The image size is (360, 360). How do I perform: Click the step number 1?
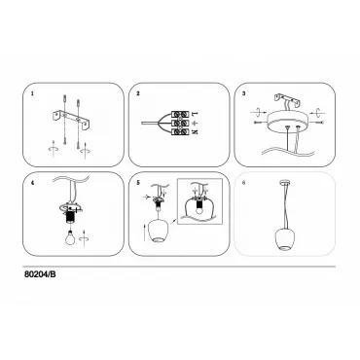tap(32, 93)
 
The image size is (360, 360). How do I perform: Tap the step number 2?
tap(138, 93)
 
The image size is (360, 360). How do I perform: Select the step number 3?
tap(244, 93)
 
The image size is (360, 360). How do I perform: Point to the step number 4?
tap(32, 183)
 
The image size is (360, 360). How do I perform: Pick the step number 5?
tap(138, 183)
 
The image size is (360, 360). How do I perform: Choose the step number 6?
tap(244, 183)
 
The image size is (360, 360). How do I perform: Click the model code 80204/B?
tap(40, 274)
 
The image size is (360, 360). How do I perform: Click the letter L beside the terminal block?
tap(195, 114)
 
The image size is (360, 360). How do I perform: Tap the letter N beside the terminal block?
tap(195, 131)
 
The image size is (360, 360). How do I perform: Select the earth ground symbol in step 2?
tap(195, 123)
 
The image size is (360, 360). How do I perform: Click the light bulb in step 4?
tap(69, 238)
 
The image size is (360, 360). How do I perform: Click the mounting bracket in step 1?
tap(72, 119)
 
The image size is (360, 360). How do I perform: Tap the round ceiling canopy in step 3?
tap(288, 123)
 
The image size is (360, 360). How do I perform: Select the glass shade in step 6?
tap(284, 239)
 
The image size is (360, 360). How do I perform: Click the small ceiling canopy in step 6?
tap(284, 182)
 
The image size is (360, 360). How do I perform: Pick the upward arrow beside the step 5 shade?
tap(144, 233)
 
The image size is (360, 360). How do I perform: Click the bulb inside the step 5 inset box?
tap(199, 208)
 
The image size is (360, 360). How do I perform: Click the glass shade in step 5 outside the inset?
tap(158, 231)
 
